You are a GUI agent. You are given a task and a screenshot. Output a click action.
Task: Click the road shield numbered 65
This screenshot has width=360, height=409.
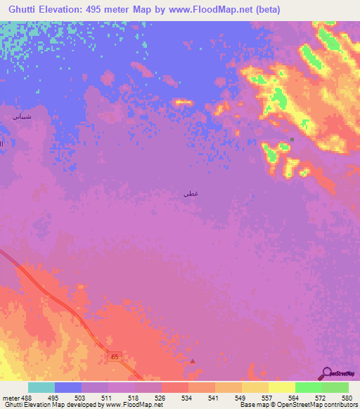pos(115,357)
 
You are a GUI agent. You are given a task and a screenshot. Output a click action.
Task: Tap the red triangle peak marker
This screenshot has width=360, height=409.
pos(193,361)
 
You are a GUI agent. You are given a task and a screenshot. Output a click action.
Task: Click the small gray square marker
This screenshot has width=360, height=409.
pos(292,139)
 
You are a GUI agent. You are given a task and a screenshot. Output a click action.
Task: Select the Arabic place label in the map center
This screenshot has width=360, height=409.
pos(189,193)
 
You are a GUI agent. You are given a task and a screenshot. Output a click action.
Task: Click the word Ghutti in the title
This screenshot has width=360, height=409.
pos(25,9)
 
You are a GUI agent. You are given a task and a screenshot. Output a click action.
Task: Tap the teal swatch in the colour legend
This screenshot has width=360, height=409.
pos(41,387)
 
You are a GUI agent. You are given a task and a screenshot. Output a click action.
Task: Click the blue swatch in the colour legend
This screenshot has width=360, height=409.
pos(68,387)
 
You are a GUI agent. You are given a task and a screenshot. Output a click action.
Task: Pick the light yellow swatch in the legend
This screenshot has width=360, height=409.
pos(282,387)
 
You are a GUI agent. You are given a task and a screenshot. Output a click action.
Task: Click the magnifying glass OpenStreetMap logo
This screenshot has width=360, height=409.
pos(327,373)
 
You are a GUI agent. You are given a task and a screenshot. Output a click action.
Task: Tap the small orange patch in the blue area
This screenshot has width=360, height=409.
pos(183,103)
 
